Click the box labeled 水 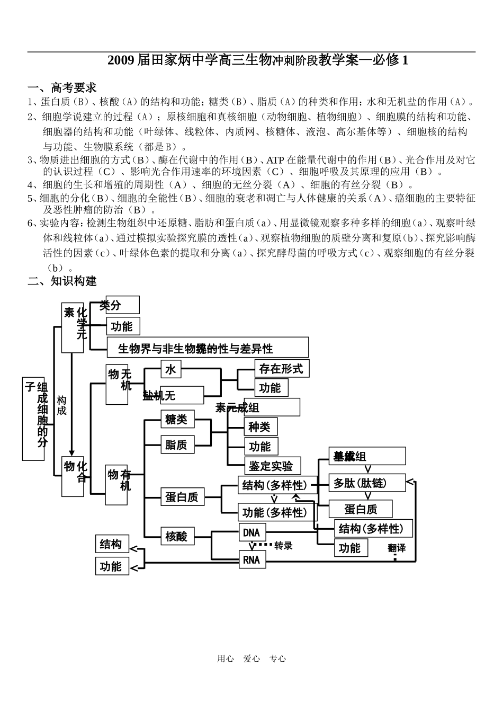[170, 369]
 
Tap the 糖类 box [177, 419]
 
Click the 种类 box [260, 426]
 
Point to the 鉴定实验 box [272, 466]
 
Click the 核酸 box [177, 536]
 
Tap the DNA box [252, 532]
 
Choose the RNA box [252, 559]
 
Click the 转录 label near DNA [283, 546]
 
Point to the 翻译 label [397, 548]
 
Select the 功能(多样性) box [275, 512]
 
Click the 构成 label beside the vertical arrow [62, 405]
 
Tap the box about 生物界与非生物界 [207, 348]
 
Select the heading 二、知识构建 [62, 281]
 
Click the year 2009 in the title [121, 60]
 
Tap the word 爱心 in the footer [251, 659]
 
